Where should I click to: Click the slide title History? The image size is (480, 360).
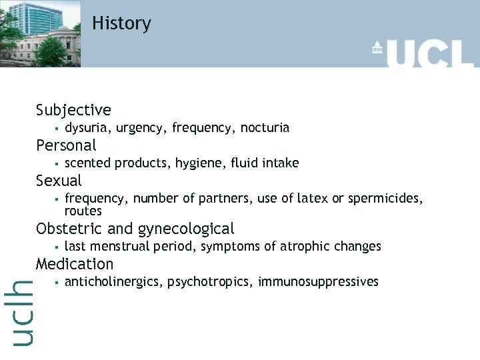pos(121,23)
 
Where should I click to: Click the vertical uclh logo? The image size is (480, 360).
pos(23,313)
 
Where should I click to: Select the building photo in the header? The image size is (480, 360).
pos(40,33)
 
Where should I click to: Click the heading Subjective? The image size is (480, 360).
pos(73,110)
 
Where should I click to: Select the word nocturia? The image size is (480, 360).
pos(265,127)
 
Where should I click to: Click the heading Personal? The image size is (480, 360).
pos(66,145)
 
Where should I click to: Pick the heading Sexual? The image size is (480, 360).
pos(59,181)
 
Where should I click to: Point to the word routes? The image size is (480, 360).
pos(83,211)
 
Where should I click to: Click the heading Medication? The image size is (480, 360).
pos(75,264)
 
